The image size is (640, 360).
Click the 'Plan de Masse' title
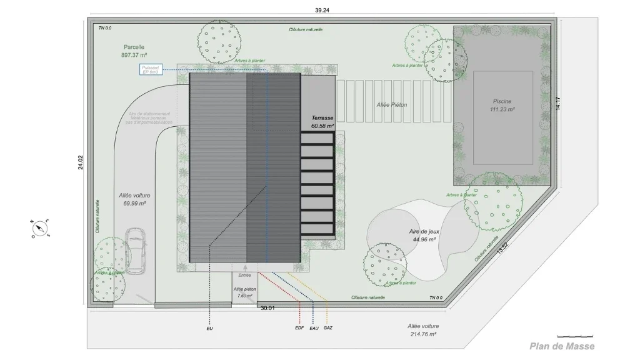(x=562, y=346)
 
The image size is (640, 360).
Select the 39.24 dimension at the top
(x=322, y=9)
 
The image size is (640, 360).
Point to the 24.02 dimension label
(x=80, y=162)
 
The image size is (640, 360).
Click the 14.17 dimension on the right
(x=558, y=103)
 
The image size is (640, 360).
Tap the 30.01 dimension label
(x=267, y=307)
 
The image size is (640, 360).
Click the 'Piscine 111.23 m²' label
(x=502, y=105)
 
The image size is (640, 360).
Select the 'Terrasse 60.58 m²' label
(x=322, y=122)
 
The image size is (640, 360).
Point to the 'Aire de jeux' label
(x=422, y=235)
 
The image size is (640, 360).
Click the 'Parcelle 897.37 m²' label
(x=134, y=51)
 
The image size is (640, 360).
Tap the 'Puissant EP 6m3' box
(x=151, y=69)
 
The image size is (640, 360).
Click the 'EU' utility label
(x=209, y=328)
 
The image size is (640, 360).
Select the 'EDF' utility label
(x=299, y=328)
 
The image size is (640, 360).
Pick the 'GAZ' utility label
(x=327, y=328)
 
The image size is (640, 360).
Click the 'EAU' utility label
(x=314, y=328)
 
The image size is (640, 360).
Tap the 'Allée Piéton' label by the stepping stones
(x=392, y=105)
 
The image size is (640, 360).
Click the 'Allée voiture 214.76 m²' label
(x=423, y=330)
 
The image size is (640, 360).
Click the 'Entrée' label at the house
(x=245, y=275)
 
